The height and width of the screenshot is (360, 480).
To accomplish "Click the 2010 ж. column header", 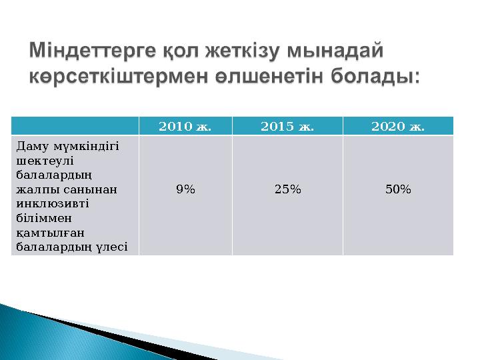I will click(185, 126).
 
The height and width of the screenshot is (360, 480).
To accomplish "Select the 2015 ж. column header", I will click(287, 126).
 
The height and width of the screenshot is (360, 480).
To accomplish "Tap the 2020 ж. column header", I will click(397, 126).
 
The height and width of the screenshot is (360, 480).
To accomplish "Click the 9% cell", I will click(185, 189).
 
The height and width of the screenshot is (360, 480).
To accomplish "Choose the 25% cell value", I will click(287, 189).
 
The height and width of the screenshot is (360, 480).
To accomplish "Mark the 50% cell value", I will click(397, 189).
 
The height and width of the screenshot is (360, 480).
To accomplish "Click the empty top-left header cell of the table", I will click(75, 126).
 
